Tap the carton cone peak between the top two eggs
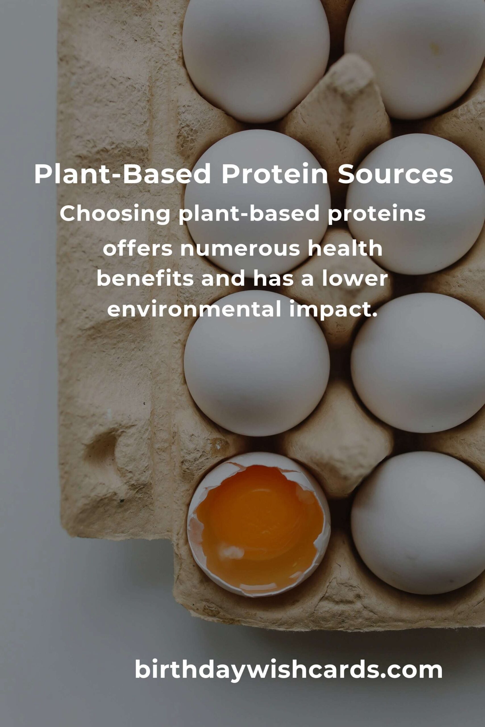click(356, 74)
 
